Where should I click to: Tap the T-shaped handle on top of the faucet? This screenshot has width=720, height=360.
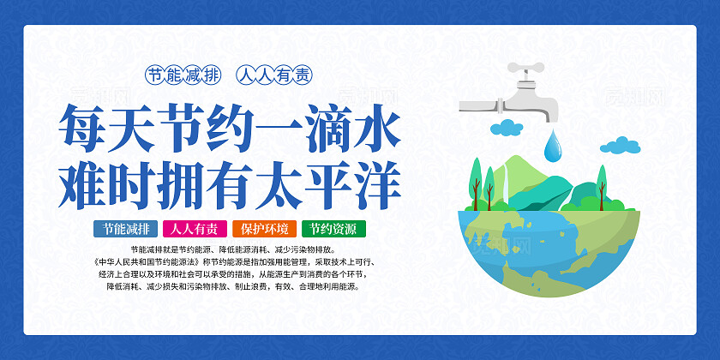click(525, 68)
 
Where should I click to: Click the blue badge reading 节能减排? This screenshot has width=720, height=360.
click(126, 229)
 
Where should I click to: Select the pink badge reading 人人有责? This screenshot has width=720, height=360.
click(195, 229)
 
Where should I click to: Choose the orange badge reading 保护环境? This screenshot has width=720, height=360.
click(263, 229)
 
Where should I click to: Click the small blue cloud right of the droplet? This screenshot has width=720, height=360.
click(619, 145)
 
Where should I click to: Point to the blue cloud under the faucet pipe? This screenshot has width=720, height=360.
click(507, 128)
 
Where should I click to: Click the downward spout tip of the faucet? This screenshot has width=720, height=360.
click(551, 114)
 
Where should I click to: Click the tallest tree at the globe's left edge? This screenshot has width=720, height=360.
click(474, 181)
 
